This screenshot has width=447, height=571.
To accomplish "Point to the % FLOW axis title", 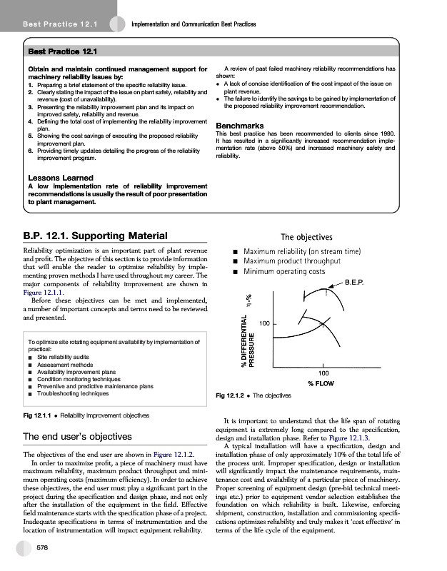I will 323,383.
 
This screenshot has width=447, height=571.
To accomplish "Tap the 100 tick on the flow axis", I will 323,373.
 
